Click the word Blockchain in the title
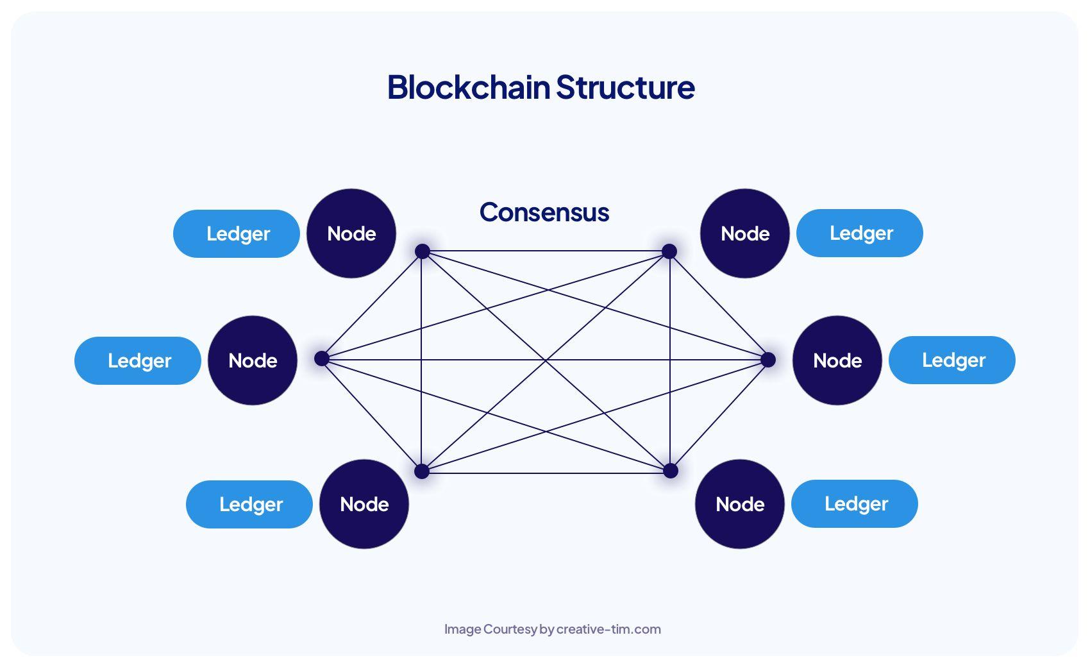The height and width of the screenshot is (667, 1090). pyautogui.click(x=469, y=87)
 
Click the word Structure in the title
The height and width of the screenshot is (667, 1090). pyautogui.click(x=625, y=87)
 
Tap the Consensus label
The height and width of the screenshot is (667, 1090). pyautogui.click(x=544, y=212)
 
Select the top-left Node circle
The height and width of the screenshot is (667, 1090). pyautogui.click(x=351, y=233)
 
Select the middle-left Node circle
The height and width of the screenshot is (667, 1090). pyautogui.click(x=253, y=360)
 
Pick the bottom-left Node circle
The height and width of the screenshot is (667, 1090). pyautogui.click(x=364, y=504)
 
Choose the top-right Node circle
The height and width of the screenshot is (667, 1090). pyautogui.click(x=745, y=233)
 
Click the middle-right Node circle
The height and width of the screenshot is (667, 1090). pyautogui.click(x=837, y=360)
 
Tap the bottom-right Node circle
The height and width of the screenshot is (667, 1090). pyautogui.click(x=740, y=504)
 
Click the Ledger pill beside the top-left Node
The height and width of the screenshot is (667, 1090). pyautogui.click(x=237, y=233)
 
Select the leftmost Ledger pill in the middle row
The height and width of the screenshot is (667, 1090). pyautogui.click(x=138, y=360)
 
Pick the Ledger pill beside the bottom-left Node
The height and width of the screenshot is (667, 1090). pyautogui.click(x=249, y=504)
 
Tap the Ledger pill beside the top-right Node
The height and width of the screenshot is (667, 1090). pyautogui.click(x=860, y=233)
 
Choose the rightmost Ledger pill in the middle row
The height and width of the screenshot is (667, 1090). pyautogui.click(x=952, y=360)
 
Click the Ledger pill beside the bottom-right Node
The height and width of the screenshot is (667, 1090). pyautogui.click(x=855, y=503)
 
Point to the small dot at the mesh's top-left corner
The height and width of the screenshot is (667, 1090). pyautogui.click(x=422, y=251)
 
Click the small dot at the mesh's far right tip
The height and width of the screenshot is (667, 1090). pyautogui.click(x=767, y=360)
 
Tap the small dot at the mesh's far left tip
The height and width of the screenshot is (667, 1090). pyautogui.click(x=322, y=359)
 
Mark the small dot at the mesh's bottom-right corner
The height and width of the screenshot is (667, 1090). pyautogui.click(x=670, y=471)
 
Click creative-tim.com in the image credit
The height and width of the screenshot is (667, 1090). pyautogui.click(x=608, y=629)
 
